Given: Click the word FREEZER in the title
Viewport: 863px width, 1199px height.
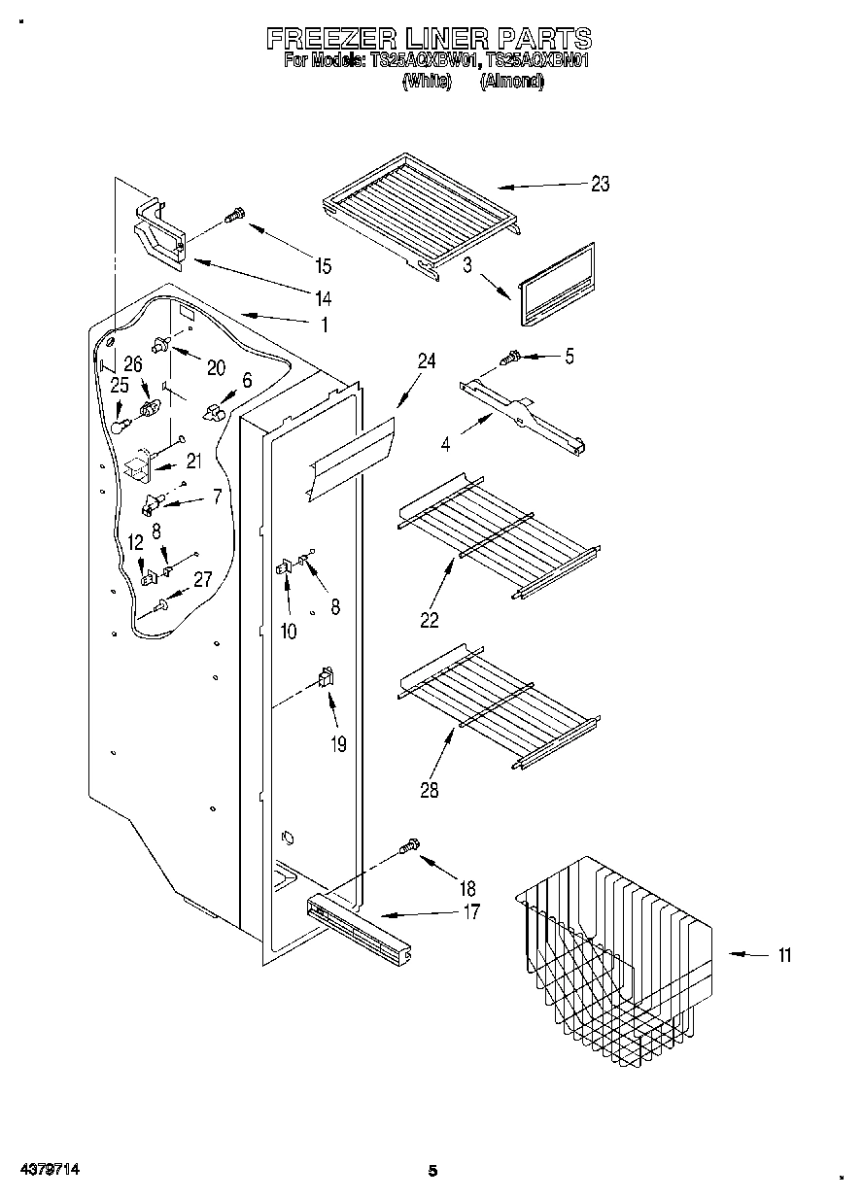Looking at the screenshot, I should [331, 38].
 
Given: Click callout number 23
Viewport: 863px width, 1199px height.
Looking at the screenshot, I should [600, 185].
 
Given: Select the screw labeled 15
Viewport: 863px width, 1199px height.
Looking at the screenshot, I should [234, 218].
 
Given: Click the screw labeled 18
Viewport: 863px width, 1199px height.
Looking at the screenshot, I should [409, 847].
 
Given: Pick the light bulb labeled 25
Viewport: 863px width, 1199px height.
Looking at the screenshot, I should [119, 424].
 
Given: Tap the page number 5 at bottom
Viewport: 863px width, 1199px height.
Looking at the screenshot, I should [433, 1171].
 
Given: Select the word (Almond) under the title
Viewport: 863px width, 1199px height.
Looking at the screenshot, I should [511, 82].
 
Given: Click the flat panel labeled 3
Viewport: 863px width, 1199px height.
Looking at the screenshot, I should [557, 285].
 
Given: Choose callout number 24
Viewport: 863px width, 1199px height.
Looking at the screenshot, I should [427, 360].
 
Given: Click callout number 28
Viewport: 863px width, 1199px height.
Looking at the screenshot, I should [429, 790].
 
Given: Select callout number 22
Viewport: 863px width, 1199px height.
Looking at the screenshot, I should [430, 620].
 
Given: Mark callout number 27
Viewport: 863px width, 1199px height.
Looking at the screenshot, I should [202, 580].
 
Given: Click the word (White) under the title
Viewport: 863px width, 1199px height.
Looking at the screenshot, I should [428, 82].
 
